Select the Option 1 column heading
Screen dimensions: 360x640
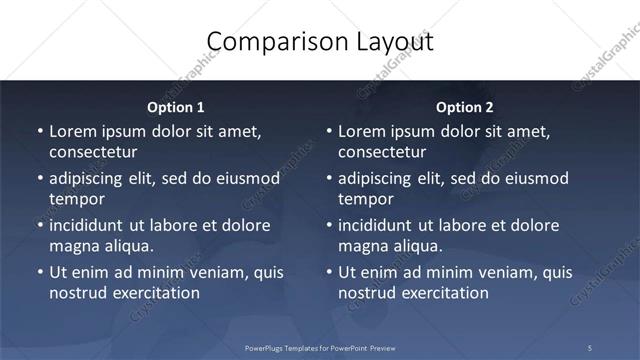[175, 107]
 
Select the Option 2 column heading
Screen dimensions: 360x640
[464, 107]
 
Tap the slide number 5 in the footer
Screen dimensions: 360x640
[590, 347]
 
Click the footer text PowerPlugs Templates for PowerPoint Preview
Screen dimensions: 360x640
[319, 347]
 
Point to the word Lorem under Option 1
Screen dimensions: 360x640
[72, 132]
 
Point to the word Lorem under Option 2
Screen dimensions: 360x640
[361, 132]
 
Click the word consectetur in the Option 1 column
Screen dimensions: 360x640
[93, 152]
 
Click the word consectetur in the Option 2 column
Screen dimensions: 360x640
[382, 152]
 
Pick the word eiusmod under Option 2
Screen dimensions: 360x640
[534, 178]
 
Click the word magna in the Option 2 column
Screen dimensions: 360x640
[362, 245]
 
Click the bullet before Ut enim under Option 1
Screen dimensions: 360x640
[39, 272]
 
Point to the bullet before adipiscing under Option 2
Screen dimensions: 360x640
[328, 178]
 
